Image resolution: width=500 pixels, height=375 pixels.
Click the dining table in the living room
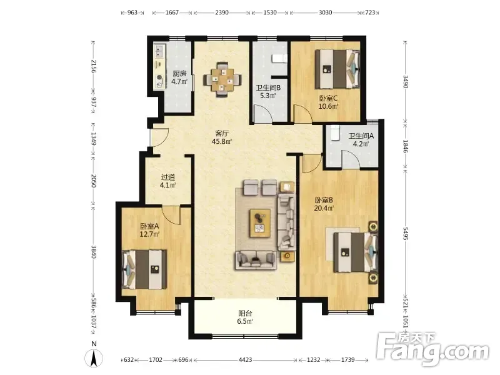point(222,79)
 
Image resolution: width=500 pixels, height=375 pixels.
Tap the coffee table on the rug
point(260,223)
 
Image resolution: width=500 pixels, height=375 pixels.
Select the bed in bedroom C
point(337,69)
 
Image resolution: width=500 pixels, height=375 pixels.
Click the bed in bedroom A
point(144,269)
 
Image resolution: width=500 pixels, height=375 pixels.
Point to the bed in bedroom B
point(355,252)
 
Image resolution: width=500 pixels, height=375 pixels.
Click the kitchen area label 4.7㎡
point(179,82)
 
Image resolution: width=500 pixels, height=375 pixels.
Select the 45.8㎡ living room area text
point(222,141)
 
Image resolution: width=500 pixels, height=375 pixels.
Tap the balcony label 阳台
point(245,314)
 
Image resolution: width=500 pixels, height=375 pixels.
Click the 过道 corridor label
point(167,177)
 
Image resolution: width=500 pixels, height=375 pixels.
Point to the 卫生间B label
point(268,87)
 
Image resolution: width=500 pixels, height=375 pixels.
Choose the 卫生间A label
point(361,136)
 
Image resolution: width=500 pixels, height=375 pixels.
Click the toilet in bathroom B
point(279,58)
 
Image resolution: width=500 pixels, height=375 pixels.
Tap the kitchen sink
point(160,51)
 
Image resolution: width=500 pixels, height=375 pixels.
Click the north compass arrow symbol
point(94,357)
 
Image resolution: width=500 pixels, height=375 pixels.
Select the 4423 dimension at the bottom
point(245,360)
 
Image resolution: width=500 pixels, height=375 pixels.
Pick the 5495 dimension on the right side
point(406,234)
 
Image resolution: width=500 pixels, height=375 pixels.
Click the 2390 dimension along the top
point(222,12)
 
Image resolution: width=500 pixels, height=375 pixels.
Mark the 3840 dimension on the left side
point(93,252)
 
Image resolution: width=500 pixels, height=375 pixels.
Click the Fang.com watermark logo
point(432,350)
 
